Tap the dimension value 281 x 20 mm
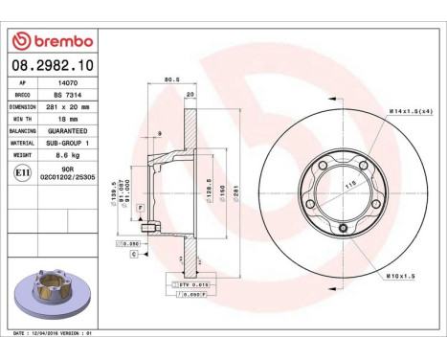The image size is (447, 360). [67, 106]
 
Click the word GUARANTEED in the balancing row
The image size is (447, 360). [68, 129]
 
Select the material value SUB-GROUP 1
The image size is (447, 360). [68, 141]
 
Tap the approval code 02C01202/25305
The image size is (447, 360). [67, 178]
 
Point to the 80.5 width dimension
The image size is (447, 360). [172, 79]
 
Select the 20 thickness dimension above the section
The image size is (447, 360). [190, 95]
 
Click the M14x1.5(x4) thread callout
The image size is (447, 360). [413, 112]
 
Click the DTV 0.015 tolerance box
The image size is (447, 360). [191, 284]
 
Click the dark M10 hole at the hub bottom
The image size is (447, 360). [343, 228]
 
